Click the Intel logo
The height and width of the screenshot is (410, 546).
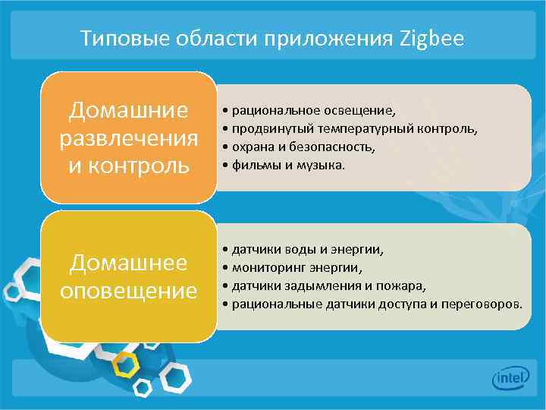(511, 378)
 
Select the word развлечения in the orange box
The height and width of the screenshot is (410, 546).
(128, 138)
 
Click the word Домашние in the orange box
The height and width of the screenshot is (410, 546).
(128, 111)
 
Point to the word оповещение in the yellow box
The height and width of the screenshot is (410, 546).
(128, 290)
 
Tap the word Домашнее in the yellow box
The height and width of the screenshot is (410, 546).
(128, 263)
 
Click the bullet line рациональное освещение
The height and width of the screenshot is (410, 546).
(315, 112)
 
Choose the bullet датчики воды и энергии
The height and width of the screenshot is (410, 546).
(308, 250)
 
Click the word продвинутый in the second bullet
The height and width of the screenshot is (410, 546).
(268, 129)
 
